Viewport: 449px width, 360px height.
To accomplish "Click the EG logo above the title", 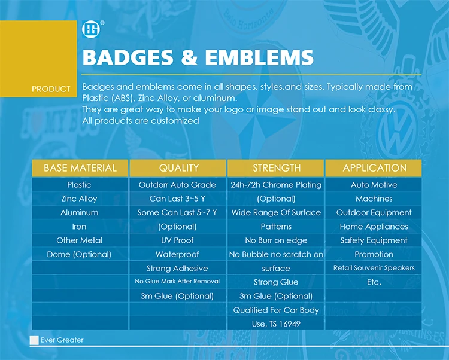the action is pos(92,29).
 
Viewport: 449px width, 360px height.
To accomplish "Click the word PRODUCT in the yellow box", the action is pos(51,89).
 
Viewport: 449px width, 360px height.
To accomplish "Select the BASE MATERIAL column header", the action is pos(80,168).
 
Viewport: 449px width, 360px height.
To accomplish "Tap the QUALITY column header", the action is pos(178,168).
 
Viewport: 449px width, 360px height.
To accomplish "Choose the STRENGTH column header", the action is pos(276,168).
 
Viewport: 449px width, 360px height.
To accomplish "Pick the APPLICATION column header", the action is pos(374,168).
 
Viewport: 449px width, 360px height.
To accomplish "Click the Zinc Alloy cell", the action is pos(79,199).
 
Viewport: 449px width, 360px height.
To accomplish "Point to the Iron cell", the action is pos(79,227).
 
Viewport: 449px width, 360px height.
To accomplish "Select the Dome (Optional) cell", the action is pos(79,255).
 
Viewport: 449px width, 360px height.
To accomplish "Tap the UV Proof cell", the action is pos(177,240).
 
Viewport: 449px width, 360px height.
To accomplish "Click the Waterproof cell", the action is pos(177,255).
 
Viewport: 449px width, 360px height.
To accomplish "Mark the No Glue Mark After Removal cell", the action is pos(177,282).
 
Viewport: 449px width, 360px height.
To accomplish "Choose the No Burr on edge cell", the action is pos(276,240).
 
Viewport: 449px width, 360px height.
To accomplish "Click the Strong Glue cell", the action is pos(276,282).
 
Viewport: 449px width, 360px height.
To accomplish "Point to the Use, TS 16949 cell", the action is pos(276,324).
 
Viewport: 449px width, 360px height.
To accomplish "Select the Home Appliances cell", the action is pos(374,227).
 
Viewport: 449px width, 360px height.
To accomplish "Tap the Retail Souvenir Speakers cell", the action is pos(374,268).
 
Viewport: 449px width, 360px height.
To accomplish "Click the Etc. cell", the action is pos(374,282).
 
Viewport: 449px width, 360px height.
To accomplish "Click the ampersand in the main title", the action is pos(189,57).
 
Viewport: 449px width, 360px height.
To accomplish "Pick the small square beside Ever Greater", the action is pos(34,340).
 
